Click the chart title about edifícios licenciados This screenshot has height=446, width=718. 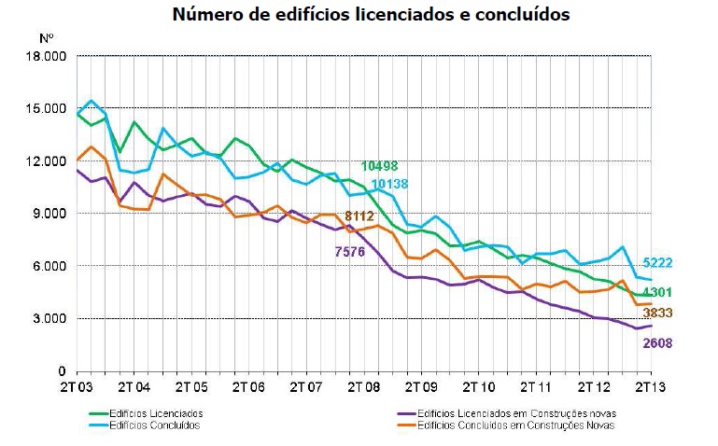[x=371, y=15]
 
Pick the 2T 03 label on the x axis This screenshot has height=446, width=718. [x=77, y=385]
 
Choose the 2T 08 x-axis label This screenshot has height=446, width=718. [x=364, y=385]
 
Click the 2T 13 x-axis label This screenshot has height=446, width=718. [x=651, y=385]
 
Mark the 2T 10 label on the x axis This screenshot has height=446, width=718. [x=479, y=385]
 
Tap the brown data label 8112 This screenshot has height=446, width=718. [x=360, y=216]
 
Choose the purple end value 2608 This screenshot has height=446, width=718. [x=657, y=343]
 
